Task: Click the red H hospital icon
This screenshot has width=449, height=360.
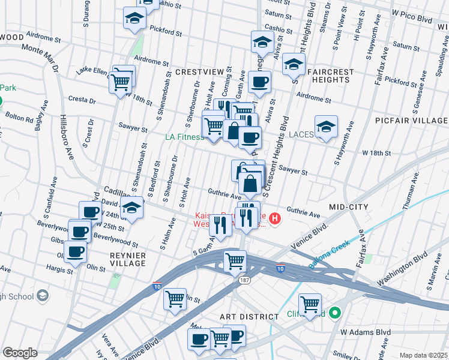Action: click(x=275, y=218)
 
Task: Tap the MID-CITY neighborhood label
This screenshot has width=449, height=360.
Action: click(x=349, y=207)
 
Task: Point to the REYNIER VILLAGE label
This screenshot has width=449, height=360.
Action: click(x=128, y=259)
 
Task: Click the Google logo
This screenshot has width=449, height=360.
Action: click(x=20, y=353)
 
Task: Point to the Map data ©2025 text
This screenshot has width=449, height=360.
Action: click(x=423, y=355)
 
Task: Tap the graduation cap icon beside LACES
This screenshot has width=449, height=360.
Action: click(x=326, y=127)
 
